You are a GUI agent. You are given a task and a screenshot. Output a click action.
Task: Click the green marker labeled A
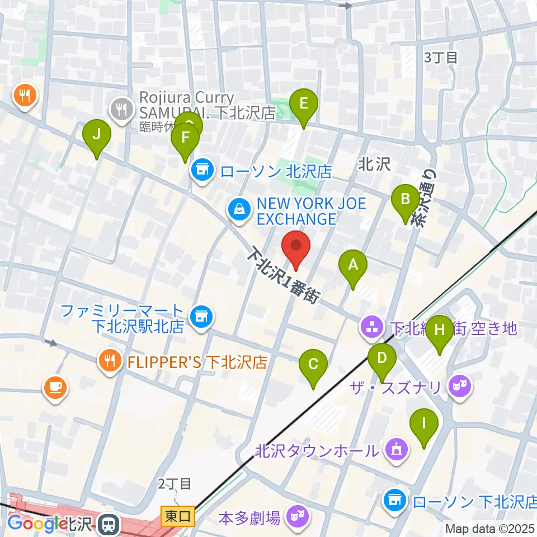(x=353, y=265)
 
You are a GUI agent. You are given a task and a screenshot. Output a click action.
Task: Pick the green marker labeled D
(x=382, y=358)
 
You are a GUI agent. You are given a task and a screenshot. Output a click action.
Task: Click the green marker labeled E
(x=304, y=104)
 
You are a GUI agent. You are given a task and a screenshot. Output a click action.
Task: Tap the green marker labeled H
(x=440, y=331)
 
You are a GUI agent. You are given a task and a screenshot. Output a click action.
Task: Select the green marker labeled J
(x=97, y=135)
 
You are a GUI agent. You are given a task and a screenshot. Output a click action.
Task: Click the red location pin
(x=295, y=246)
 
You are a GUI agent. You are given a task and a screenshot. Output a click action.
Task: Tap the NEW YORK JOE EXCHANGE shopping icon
(x=239, y=210)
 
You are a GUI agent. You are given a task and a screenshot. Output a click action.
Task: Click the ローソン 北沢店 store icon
(x=202, y=169)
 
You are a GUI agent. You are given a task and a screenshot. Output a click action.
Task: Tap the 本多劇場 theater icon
(x=294, y=516)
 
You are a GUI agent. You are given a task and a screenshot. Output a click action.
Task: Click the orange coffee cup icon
(x=55, y=387)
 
